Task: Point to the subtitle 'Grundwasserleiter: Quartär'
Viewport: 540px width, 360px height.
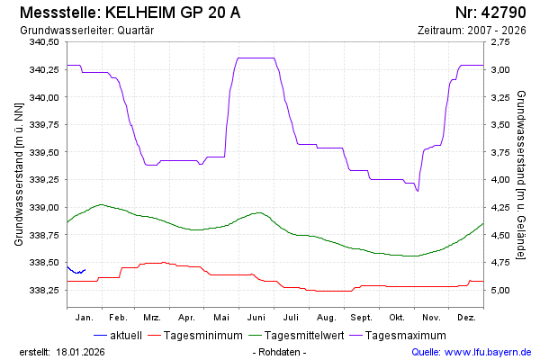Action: click(85, 30)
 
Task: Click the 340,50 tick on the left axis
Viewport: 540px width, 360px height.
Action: click(43, 42)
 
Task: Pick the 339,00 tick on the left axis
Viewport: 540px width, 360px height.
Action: click(43, 208)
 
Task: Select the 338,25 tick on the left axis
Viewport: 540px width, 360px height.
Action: click(43, 291)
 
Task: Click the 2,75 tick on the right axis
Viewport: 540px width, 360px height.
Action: click(498, 42)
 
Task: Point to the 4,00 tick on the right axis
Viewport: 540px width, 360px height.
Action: click(498, 180)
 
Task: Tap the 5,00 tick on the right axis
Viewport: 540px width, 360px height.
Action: click(498, 291)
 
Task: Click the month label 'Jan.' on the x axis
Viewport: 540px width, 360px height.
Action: click(85, 318)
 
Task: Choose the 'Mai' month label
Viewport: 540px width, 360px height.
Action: click(221, 318)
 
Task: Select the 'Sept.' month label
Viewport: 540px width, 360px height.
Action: click(361, 318)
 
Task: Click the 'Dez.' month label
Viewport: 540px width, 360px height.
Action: click(466, 318)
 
